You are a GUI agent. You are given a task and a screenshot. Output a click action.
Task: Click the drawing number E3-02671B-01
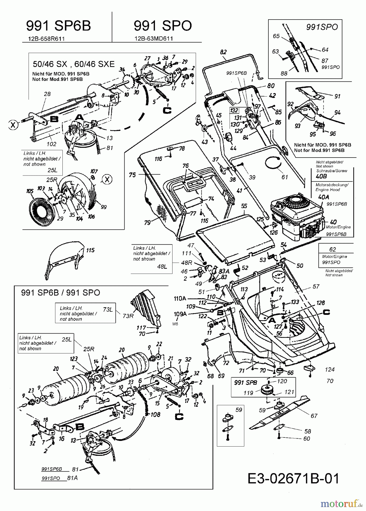pyautogui.click(x=293, y=479)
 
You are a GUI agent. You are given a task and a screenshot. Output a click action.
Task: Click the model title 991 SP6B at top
pyautogui.click(x=58, y=26)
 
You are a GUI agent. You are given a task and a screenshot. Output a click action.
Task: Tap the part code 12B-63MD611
pyautogui.click(x=153, y=39)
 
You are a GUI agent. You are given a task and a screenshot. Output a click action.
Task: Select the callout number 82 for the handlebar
pyautogui.click(x=224, y=52)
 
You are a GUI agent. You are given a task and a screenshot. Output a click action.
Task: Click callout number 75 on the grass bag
pyautogui.click(x=132, y=175)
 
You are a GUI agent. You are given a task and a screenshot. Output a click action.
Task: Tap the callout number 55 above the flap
pyautogui.click(x=244, y=206)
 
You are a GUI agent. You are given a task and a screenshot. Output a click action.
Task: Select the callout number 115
pyautogui.click(x=90, y=250)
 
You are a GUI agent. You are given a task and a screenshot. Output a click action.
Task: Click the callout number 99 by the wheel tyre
pyautogui.click(x=104, y=207)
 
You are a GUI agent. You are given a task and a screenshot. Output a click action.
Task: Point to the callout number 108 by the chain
pyautogui.click(x=155, y=414)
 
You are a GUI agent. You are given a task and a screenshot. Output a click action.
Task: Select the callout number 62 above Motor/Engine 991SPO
pyautogui.click(x=333, y=249)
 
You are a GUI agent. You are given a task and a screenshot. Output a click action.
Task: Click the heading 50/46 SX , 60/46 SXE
pyautogui.click(x=74, y=64)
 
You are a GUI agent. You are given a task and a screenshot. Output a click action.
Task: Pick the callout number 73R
pyautogui.click(x=128, y=316)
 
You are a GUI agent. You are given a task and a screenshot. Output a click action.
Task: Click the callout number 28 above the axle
pyautogui.click(x=47, y=94)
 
